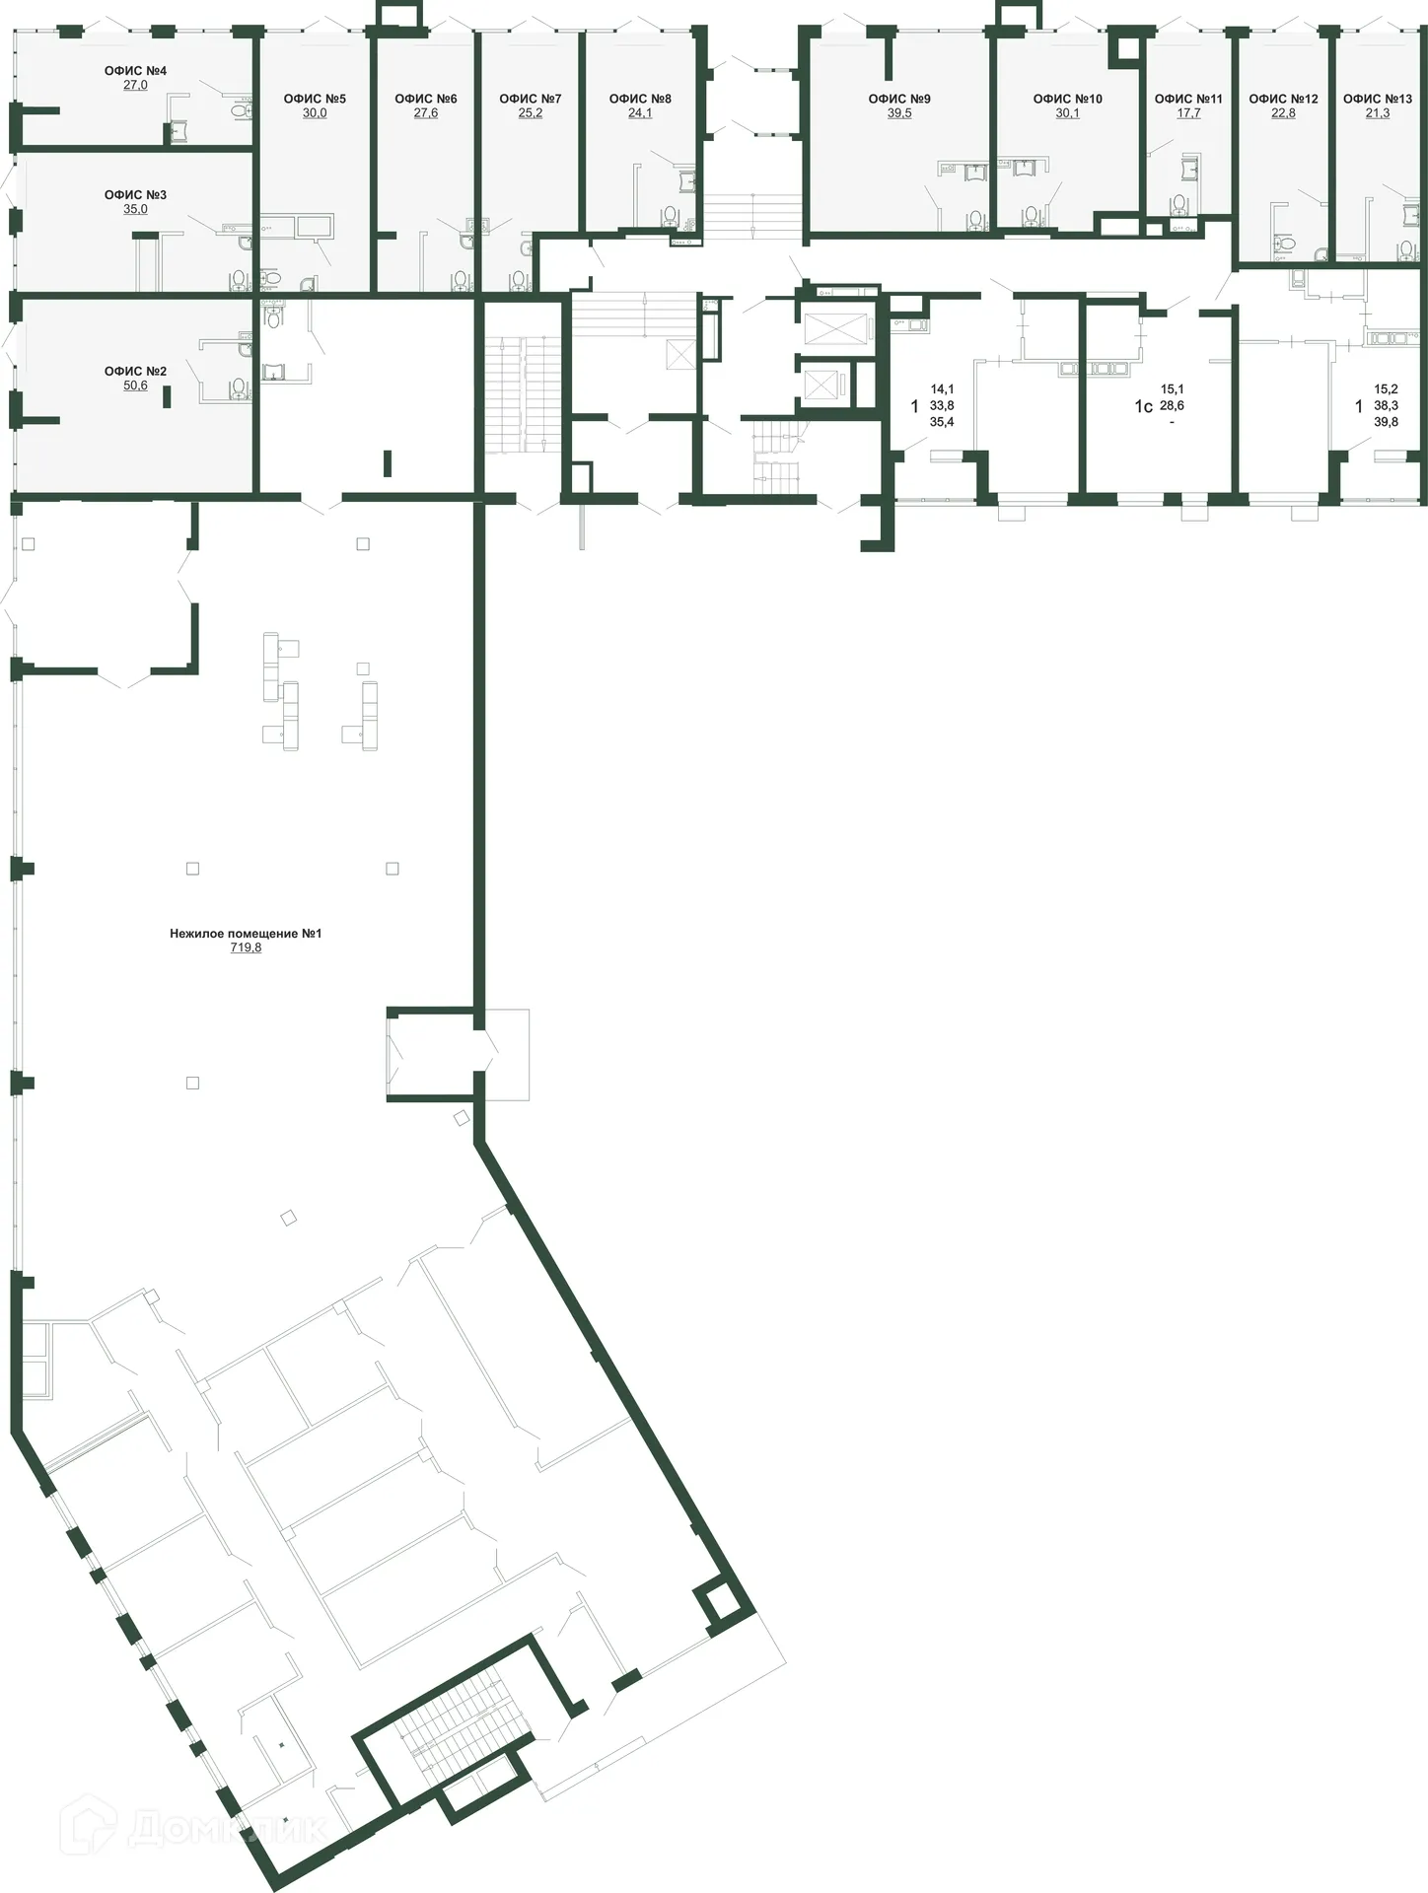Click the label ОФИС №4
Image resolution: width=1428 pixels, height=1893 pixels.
pyautogui.click(x=135, y=71)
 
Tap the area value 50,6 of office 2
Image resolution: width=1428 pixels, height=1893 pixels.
pyautogui.click(x=135, y=386)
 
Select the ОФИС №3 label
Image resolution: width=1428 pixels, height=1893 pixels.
pyautogui.click(x=135, y=195)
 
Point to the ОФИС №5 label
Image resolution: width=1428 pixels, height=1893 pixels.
pyautogui.click(x=315, y=99)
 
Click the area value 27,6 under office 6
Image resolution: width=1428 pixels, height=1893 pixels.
pyautogui.click(x=426, y=113)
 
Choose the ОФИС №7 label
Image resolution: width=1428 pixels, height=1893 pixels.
pyautogui.click(x=531, y=99)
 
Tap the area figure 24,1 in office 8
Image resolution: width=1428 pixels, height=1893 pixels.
pyautogui.click(x=640, y=113)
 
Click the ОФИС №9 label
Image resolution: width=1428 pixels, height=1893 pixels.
pyautogui.click(x=899, y=99)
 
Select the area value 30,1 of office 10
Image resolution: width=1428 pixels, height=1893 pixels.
pyautogui.click(x=1067, y=113)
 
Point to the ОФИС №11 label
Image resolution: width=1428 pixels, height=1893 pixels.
pyautogui.click(x=1188, y=99)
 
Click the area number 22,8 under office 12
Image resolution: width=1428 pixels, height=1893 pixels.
pyautogui.click(x=1283, y=113)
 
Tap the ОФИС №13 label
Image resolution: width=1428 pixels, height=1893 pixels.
pyautogui.click(x=1378, y=99)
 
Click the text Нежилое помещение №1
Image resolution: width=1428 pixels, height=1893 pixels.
pyautogui.click(x=246, y=933)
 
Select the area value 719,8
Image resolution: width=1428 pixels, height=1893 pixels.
pyautogui.click(x=246, y=947)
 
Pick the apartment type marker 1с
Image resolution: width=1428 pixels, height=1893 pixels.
pyautogui.click(x=1143, y=406)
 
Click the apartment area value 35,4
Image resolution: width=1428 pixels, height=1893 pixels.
pyautogui.click(x=942, y=422)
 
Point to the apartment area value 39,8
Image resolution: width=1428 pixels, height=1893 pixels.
pyautogui.click(x=1386, y=422)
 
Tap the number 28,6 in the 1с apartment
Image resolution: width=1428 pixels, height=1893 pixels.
pyautogui.click(x=1172, y=405)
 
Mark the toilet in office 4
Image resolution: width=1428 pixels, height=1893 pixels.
pyautogui.click(x=240, y=111)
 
